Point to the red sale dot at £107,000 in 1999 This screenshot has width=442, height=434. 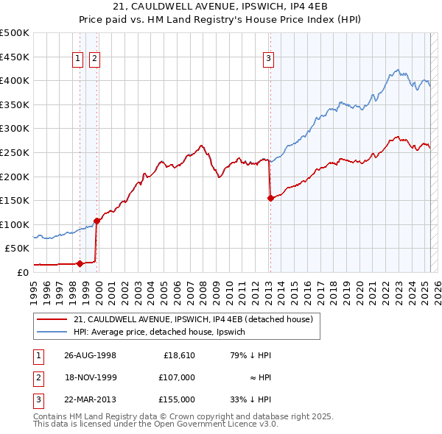point(97,221)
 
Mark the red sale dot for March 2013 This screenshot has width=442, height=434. point(270,198)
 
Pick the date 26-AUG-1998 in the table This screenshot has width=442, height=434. point(90,355)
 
